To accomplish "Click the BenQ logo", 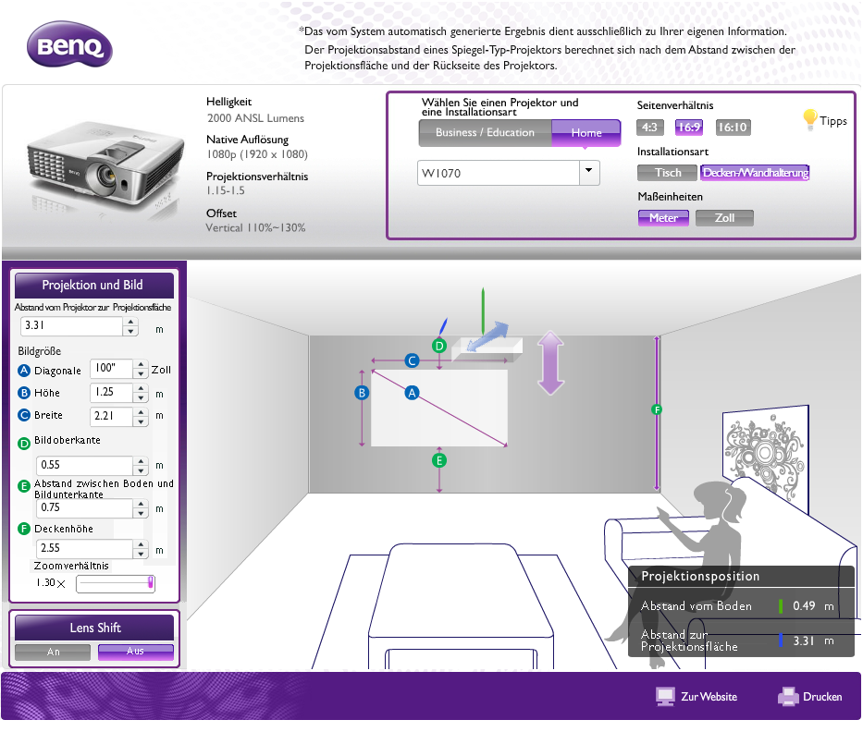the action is point(69,44).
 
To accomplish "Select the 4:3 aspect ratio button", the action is point(649,128).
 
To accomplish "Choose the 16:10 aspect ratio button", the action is point(733,128).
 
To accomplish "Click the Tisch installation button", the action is point(668,173).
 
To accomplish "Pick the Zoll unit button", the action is point(724,218).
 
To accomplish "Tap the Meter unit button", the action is point(664,218).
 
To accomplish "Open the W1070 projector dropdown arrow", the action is point(589,172).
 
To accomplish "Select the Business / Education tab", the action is point(485,132).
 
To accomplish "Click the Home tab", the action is point(586,132).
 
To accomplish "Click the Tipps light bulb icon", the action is point(810,119).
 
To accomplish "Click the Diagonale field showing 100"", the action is point(111,368).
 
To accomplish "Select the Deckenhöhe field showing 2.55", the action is point(84,548).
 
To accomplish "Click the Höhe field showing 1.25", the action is point(111,392).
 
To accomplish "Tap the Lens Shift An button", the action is point(53,652).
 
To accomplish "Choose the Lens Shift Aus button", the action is point(135,652).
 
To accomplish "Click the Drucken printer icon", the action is point(788,696).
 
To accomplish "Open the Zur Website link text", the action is point(709,697).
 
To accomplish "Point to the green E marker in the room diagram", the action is point(438,460).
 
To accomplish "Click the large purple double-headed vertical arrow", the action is point(550,363).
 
